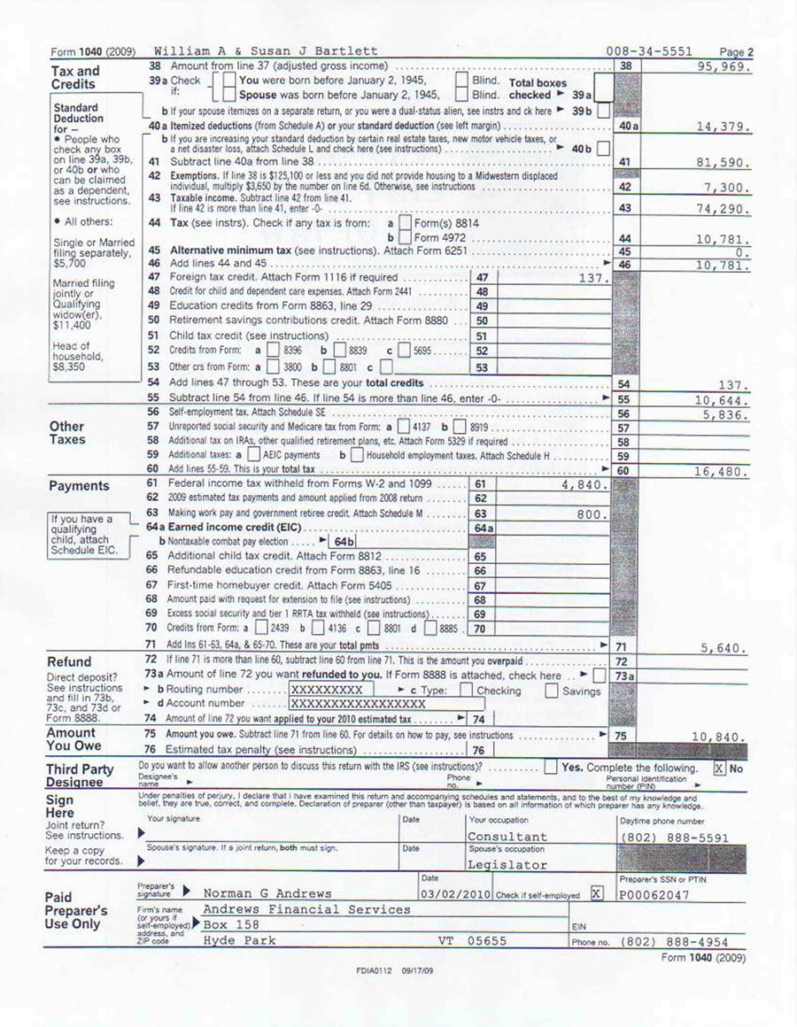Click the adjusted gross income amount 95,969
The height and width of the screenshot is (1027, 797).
pyautogui.click(x=724, y=67)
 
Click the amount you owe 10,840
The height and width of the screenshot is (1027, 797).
pyautogui.click(x=721, y=737)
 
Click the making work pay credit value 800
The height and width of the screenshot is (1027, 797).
pyautogui.click(x=592, y=513)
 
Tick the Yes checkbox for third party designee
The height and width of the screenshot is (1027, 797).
pyautogui.click(x=551, y=768)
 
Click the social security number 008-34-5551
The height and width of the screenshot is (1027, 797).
pyautogui.click(x=649, y=52)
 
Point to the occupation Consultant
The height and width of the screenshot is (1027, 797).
pyautogui.click(x=507, y=837)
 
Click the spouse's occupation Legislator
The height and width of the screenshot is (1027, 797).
pyautogui.click(x=507, y=865)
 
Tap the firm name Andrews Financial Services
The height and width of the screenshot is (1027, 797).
pyautogui.click(x=307, y=909)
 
